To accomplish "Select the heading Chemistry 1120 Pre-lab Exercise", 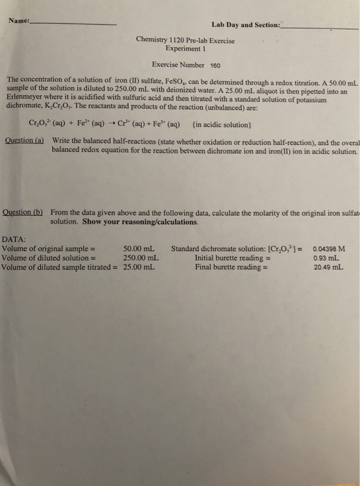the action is [186, 40].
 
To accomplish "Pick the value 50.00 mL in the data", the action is [138, 248].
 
